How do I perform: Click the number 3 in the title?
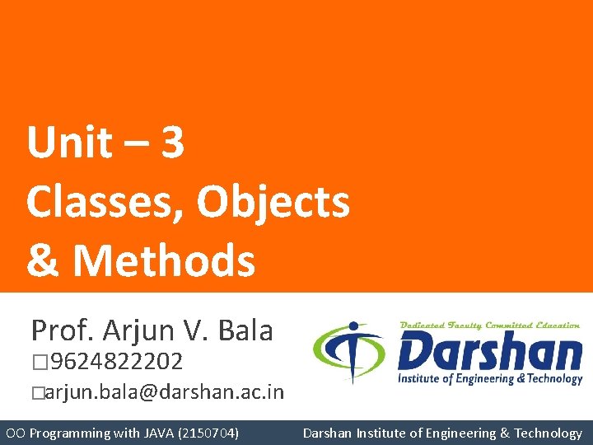click(x=172, y=143)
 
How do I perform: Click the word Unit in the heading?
click(x=68, y=143)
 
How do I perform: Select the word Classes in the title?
click(x=100, y=202)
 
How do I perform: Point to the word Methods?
click(x=164, y=260)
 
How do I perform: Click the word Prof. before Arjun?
click(x=63, y=330)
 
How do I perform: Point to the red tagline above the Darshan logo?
click(x=489, y=326)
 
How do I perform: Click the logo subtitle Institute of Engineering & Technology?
click(x=489, y=379)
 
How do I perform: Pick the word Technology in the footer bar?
click(x=548, y=433)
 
